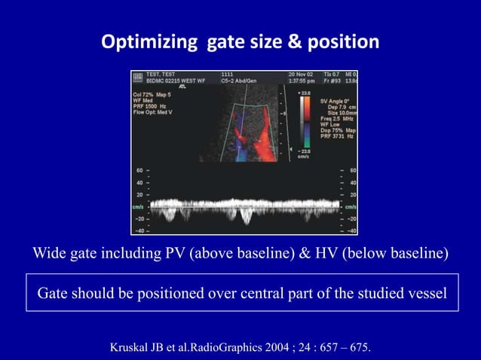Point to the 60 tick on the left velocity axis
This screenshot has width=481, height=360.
coord(139,171)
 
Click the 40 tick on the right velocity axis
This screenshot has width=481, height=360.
coord(353,182)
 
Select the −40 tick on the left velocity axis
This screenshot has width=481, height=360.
coord(139,230)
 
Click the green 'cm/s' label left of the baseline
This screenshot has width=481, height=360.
coord(139,204)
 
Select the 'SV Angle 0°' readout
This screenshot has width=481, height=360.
coord(337,100)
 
